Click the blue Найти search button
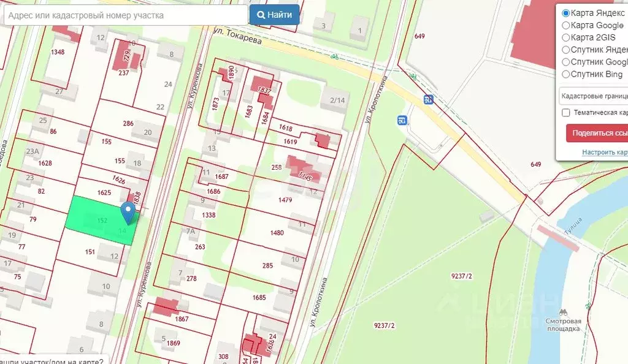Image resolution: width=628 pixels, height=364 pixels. point(274,15)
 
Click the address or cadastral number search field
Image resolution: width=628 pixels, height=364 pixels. point(126,15)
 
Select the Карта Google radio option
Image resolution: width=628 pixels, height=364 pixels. point(566,26)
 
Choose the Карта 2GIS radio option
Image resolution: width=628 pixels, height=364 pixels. point(566,38)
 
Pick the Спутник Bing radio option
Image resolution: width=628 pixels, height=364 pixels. point(566,75)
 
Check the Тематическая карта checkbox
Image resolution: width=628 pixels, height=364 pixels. point(566,113)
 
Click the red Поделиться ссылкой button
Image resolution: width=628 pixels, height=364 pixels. point(598,133)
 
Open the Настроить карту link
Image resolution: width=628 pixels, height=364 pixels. point(604,152)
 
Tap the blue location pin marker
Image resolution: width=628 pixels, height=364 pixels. point(128,212)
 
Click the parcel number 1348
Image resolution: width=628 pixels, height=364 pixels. point(58,52)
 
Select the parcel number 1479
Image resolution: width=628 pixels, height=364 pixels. point(285,200)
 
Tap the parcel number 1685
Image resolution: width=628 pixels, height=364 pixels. point(259,298)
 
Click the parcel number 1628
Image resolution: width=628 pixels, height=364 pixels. point(45,164)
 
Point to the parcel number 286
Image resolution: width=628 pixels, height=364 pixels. point(128,124)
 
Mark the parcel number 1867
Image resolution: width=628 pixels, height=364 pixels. point(182,319)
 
